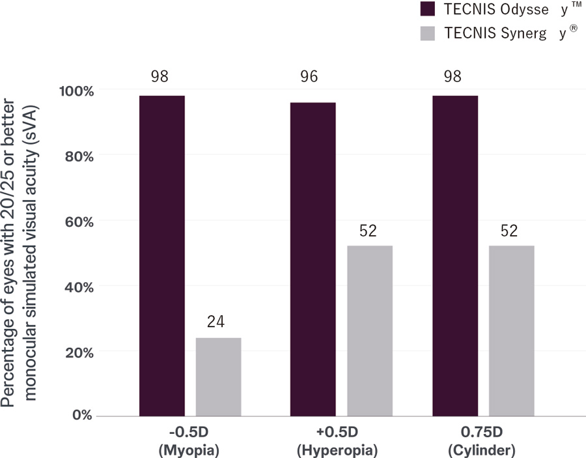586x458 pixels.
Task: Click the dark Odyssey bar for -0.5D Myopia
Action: (161, 255)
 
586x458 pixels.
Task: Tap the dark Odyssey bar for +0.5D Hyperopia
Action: (313, 259)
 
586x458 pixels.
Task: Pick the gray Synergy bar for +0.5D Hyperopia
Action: (369, 330)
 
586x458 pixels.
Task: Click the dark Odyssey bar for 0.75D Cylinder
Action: (455, 255)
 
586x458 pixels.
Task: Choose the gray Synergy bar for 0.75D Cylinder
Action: (512, 330)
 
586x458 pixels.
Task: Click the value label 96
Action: (309, 76)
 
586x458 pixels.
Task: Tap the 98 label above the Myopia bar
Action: (160, 76)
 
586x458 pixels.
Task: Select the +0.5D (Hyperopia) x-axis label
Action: (337, 441)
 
